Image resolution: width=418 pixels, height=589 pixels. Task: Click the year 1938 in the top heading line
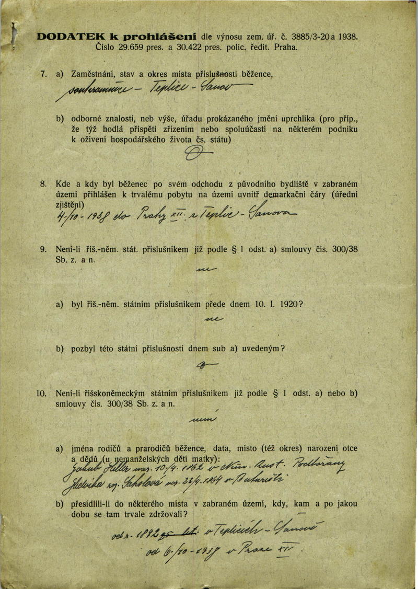348,38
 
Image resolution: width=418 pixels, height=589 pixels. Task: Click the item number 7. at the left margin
44,74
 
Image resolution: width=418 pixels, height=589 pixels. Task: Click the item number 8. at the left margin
44,184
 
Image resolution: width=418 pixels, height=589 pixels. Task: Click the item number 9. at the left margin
44,249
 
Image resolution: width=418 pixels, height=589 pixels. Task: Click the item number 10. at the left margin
42,393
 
